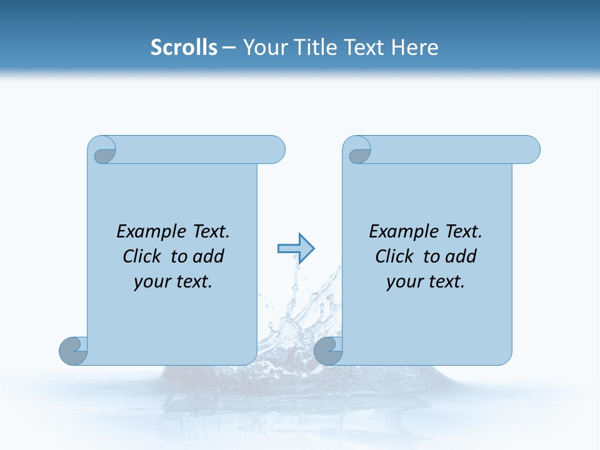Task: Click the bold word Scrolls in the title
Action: click(184, 47)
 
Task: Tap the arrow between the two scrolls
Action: click(296, 249)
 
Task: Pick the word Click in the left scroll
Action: click(144, 256)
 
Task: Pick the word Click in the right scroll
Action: click(396, 256)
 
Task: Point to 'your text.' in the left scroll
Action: click(173, 282)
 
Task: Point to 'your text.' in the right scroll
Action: click(426, 282)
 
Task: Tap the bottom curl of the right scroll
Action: click(328, 351)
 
